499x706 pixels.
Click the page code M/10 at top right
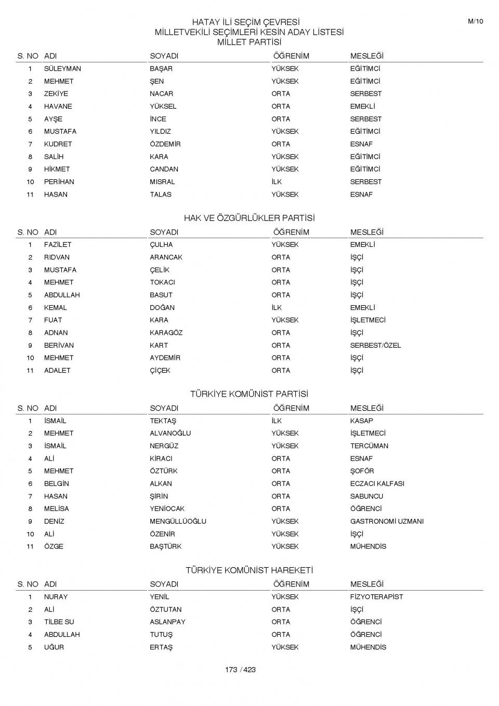pos(475,21)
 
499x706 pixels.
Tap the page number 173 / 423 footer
pos(240,670)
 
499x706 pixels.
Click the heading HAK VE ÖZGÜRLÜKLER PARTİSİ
pos(249,218)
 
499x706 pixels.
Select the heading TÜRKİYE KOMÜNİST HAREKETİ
pos(249,570)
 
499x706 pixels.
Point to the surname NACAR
pos(161,94)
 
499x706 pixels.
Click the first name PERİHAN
pos(59,182)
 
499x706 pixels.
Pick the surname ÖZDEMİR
pos(165,144)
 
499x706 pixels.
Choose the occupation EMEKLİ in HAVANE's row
pos(362,106)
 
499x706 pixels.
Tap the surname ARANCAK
pos(166,257)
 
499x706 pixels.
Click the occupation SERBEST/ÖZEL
pos(375,345)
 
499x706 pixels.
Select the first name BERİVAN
pos(59,345)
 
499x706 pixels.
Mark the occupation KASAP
pos(361,421)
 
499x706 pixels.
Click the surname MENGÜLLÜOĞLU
pos(178,521)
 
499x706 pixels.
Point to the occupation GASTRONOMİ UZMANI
pos(387,521)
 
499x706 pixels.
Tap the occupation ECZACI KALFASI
pos(377,483)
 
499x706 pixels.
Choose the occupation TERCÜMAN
pos(369,446)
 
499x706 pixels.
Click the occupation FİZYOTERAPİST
pos(376,597)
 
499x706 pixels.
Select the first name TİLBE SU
pos(59,622)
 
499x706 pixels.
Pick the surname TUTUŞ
pos(161,635)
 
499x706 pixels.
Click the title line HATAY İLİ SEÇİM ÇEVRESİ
pos(246,22)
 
